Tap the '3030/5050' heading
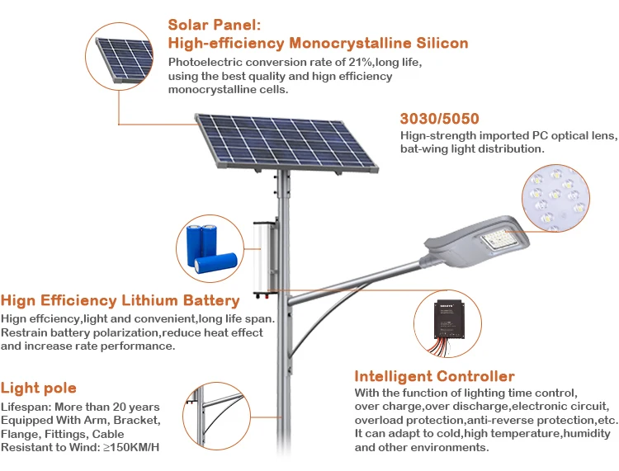[439, 119]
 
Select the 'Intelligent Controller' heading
[434, 377]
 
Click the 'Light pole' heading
[39, 388]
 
